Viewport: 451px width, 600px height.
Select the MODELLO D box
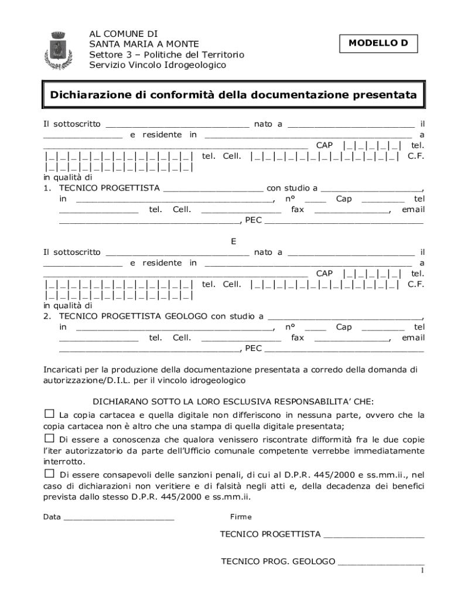(x=378, y=43)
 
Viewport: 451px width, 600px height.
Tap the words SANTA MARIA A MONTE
(x=144, y=44)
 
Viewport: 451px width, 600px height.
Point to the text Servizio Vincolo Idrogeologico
(x=158, y=65)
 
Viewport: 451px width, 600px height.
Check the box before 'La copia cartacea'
(x=49, y=414)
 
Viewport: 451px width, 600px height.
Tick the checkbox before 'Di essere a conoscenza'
(x=49, y=438)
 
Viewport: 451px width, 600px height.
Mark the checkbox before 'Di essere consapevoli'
(x=49, y=473)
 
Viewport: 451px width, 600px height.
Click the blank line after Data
(x=119, y=517)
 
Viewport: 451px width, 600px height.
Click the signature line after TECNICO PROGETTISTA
(x=374, y=534)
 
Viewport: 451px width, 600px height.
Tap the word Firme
(x=241, y=517)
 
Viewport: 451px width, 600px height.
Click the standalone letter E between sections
(x=234, y=241)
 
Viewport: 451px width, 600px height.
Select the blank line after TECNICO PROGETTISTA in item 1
(x=213, y=188)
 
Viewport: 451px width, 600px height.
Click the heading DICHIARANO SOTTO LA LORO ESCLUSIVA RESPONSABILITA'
(x=233, y=402)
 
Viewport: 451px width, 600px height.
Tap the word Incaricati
(x=65, y=370)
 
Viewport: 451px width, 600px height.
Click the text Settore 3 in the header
(x=109, y=54)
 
